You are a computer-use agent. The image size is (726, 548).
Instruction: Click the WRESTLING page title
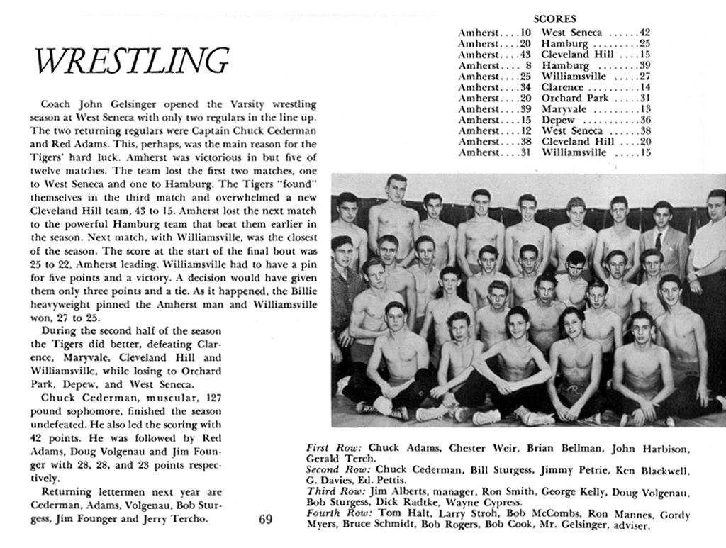click(x=132, y=62)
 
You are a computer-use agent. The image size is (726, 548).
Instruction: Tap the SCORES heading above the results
click(x=554, y=19)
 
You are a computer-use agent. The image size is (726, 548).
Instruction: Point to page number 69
click(x=266, y=520)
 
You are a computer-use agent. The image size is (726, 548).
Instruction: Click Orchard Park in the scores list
click(x=575, y=98)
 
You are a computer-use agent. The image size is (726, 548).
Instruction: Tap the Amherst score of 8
click(x=528, y=65)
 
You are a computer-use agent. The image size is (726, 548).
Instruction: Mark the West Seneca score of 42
click(x=644, y=33)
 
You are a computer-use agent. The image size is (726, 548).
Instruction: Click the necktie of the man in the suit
click(x=659, y=241)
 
